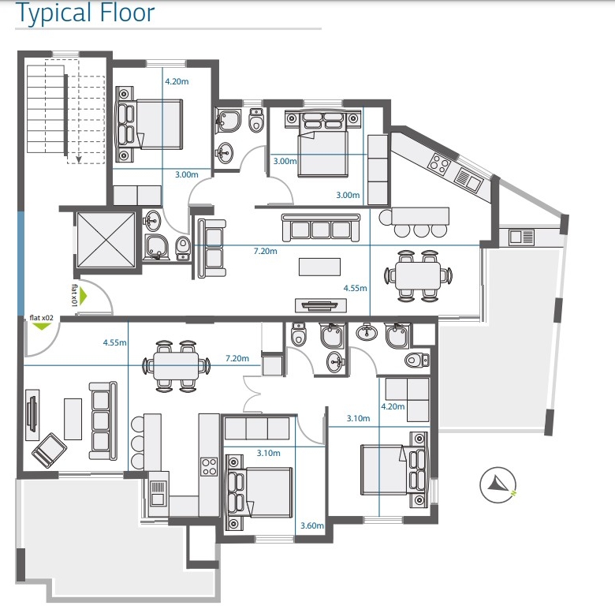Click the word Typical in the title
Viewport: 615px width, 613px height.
pos(54,13)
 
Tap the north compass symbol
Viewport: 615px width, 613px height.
pos(498,485)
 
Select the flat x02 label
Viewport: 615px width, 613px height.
pos(41,317)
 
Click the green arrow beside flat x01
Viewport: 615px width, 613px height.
pos(83,296)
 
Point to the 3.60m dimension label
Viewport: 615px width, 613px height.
pos(312,525)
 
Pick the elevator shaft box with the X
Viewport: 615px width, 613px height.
pos(106,240)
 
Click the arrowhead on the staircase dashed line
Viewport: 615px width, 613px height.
pos(79,159)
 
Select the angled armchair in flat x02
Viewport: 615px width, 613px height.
pos(49,450)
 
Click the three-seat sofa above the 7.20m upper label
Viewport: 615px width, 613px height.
pos(320,228)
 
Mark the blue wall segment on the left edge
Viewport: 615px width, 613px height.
pos(20,263)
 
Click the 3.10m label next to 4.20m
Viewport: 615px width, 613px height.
pos(358,418)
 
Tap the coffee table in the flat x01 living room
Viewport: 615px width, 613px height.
pos(319,267)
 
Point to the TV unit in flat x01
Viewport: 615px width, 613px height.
pos(321,305)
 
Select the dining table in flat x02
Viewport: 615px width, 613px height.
pos(176,366)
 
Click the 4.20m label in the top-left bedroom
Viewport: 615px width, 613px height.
pos(177,81)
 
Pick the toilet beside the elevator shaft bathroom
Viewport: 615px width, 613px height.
pos(183,248)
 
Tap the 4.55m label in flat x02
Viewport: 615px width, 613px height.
pos(114,342)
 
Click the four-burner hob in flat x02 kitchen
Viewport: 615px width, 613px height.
pos(209,466)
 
